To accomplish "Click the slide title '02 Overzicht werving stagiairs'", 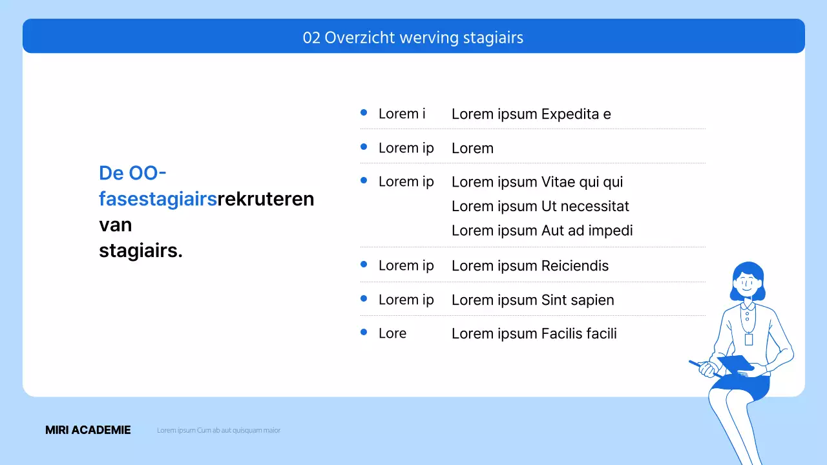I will pos(413,37).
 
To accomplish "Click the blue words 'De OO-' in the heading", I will pos(132,173).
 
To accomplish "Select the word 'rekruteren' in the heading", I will pos(266,199).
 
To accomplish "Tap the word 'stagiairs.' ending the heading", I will pos(141,251).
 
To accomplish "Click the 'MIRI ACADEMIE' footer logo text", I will pos(88,430).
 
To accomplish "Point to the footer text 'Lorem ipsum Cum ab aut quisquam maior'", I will pos(218,430).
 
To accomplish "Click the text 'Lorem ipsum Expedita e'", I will pos(531,114).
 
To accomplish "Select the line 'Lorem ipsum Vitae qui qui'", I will pos(537,182).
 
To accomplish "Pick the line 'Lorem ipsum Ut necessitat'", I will pos(540,207).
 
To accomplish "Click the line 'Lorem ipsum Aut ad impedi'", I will pos(542,231).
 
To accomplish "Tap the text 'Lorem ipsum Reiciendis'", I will pos(530,265).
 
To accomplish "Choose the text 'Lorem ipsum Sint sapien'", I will pos(532,300).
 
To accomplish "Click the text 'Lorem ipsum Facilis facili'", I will pos(534,334).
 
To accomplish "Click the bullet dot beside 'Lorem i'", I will pos(364,112).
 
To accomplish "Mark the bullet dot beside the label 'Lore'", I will pos(364,332).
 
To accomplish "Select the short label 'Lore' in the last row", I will pos(392,334).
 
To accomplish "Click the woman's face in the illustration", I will pos(747,284).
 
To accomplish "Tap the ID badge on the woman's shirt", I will pos(749,339).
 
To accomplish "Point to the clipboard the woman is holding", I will pos(736,364).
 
